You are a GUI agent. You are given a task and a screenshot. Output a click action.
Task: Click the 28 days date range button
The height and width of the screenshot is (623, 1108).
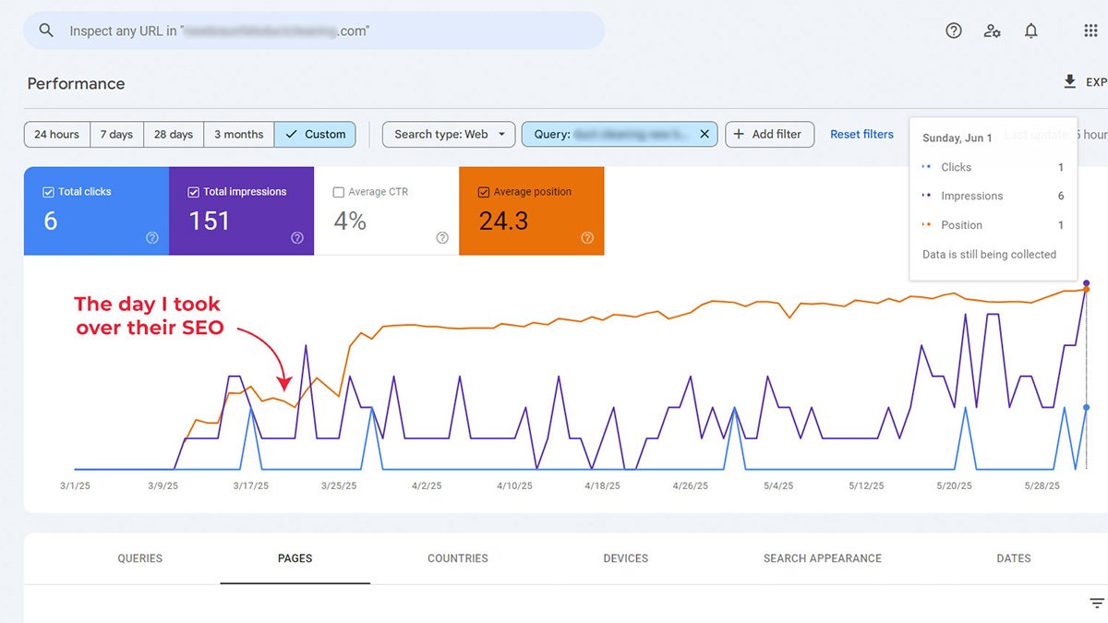click(174, 134)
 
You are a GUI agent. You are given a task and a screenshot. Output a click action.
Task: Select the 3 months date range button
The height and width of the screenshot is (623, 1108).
click(238, 134)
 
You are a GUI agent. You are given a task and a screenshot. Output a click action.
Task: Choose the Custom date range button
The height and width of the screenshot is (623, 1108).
click(315, 134)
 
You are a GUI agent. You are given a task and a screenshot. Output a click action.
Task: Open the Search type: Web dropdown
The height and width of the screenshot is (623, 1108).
click(449, 134)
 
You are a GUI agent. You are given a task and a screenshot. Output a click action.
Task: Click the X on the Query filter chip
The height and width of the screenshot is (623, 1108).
click(705, 134)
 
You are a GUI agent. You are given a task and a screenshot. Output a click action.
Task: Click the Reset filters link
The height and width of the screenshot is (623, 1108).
click(861, 134)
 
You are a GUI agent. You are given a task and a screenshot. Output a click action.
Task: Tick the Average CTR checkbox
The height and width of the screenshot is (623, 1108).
click(338, 192)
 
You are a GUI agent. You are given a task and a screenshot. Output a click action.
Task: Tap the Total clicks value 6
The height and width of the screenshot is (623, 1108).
click(51, 221)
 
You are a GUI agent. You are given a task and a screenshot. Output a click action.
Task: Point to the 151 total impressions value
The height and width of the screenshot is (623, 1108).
click(209, 221)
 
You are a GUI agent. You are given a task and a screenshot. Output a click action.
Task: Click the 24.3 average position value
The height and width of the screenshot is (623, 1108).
click(503, 221)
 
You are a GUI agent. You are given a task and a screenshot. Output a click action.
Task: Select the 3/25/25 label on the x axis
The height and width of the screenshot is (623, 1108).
click(338, 485)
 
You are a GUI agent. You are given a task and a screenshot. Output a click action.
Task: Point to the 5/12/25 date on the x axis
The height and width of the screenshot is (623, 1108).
click(866, 485)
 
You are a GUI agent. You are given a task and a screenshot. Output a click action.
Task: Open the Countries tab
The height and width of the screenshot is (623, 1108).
click(458, 558)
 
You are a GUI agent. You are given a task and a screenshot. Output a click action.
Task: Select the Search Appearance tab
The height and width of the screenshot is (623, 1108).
click(822, 558)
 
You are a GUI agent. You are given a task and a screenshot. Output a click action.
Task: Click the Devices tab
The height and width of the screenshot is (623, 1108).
click(625, 558)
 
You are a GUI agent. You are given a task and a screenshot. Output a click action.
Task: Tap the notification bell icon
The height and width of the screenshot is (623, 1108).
click(1031, 30)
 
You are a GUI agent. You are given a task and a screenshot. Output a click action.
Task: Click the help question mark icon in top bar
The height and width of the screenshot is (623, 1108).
click(954, 30)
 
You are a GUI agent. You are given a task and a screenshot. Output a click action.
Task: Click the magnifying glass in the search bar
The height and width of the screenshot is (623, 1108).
click(46, 30)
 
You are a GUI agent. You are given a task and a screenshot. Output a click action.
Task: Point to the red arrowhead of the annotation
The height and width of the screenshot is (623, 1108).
click(284, 385)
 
